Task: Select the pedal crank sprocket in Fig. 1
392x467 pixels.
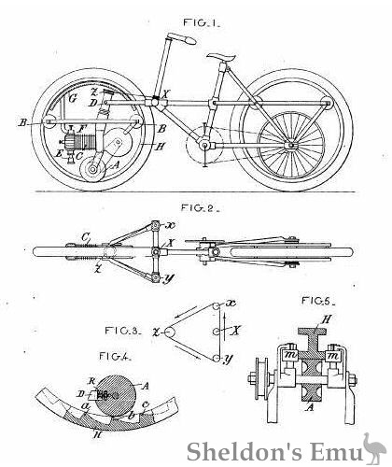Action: [201, 149]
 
